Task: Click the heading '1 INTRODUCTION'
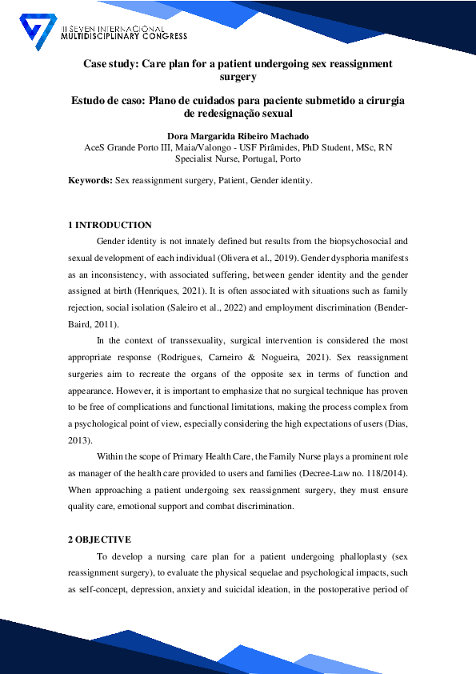(x=110, y=225)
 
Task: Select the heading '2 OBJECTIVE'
(x=99, y=540)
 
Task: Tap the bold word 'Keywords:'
(x=90, y=181)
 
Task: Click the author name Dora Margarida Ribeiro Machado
(x=238, y=134)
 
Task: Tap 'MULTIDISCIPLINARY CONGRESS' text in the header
(x=124, y=37)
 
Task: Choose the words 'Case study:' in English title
(x=110, y=63)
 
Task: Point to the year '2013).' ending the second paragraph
(x=80, y=440)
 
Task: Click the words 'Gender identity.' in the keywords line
(x=281, y=181)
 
